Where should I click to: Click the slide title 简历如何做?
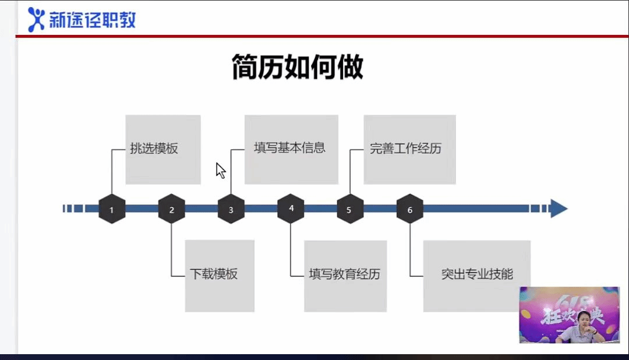[297, 68]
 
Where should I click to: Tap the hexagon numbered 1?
[112, 209]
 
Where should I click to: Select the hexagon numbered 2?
[172, 209]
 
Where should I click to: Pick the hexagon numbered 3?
[231, 209]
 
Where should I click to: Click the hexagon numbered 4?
[291, 209]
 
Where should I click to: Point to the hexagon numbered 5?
[350, 209]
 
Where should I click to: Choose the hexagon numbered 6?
[410, 209]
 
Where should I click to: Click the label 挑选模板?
[154, 149]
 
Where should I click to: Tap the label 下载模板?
[214, 274]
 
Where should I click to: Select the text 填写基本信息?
[289, 147]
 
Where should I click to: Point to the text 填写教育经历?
[344, 274]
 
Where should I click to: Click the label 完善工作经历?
[405, 149]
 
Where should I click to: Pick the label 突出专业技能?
[477, 274]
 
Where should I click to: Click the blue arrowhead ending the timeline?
[559, 209]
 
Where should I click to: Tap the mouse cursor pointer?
[220, 170]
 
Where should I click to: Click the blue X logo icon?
[36, 20]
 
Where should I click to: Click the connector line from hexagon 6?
[410, 250]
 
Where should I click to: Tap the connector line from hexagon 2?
[172, 250]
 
